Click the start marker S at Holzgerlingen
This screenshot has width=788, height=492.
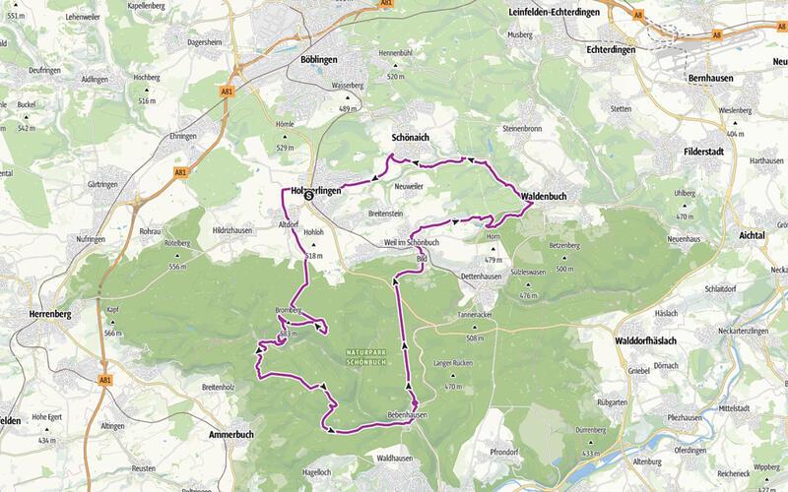(308, 195)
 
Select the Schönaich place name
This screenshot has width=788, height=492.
(411, 139)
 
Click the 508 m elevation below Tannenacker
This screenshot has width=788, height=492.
(475, 338)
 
